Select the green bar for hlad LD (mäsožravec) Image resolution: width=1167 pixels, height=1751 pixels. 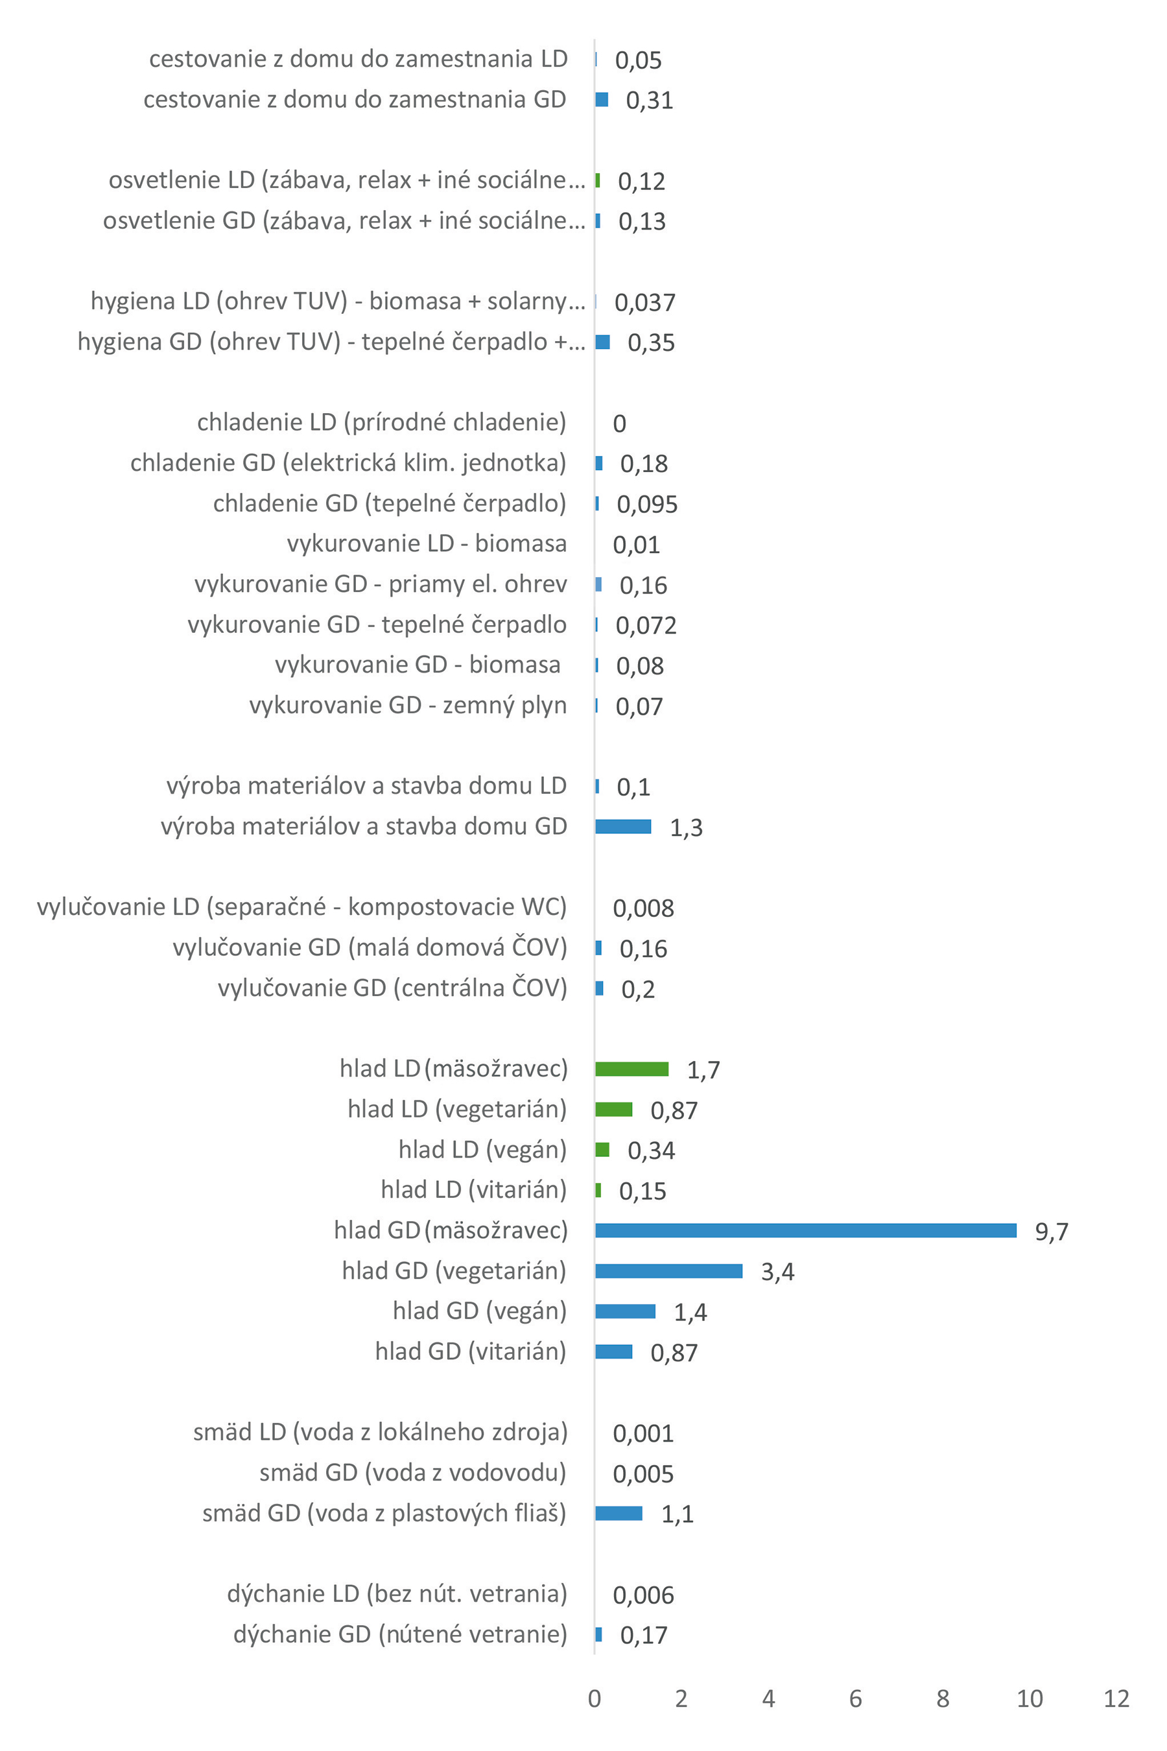[631, 1069]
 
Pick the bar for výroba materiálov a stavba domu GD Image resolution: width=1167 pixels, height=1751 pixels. [623, 826]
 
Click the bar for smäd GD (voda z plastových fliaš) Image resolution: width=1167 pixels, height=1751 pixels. [619, 1513]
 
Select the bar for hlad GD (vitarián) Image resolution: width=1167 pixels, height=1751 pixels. [613, 1352]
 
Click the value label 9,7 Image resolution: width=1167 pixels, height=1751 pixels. [1051, 1232]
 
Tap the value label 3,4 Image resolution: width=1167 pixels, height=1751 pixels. [777, 1272]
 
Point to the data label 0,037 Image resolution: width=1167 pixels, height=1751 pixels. [644, 302]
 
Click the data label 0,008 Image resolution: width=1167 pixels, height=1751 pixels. [643, 909]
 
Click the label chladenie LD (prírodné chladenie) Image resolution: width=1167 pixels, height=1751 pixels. [381, 422]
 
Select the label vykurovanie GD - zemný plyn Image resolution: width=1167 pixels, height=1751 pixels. [408, 704]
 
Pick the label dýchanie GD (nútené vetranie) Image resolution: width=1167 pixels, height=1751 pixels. [399, 1634]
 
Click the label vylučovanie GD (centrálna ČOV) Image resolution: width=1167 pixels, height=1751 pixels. [392, 987]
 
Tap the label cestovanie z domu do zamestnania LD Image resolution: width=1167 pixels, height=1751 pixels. [358, 59]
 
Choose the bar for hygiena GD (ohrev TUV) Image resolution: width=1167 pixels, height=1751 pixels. [602, 342]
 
